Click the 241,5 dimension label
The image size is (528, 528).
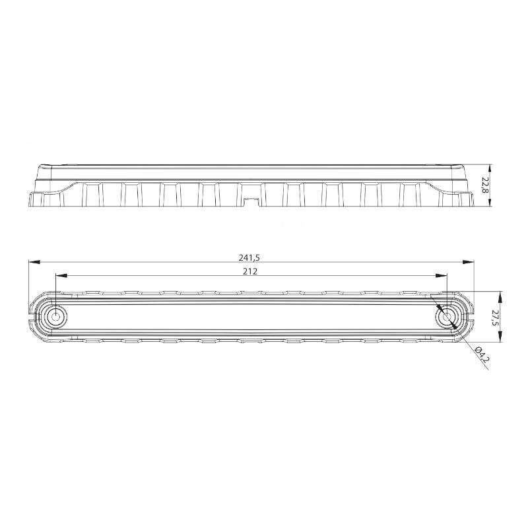click(x=249, y=257)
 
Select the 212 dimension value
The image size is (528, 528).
click(x=250, y=271)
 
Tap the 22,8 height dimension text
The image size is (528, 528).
click(x=485, y=185)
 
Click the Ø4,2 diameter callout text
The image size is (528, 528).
click(x=482, y=354)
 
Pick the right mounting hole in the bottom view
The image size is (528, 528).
click(x=447, y=317)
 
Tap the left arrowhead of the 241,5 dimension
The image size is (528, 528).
click(x=35, y=262)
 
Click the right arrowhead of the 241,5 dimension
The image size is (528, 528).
click(x=468, y=262)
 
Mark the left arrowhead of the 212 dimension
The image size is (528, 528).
click(x=61, y=275)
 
